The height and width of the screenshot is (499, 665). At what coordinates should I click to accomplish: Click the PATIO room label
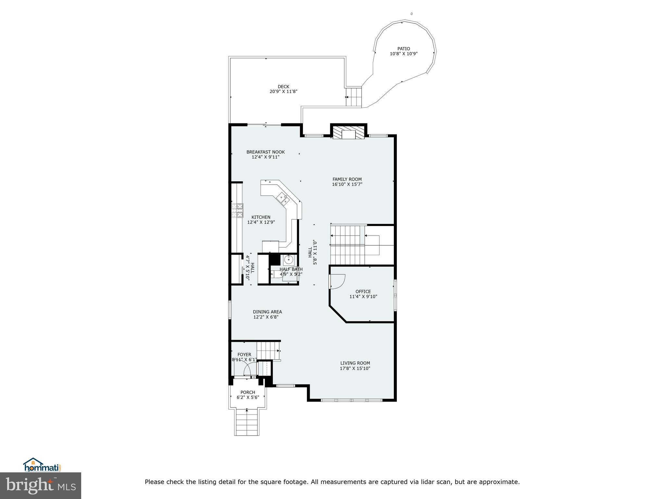pos(404,49)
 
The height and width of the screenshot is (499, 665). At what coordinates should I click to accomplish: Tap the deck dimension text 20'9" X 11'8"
pos(283,92)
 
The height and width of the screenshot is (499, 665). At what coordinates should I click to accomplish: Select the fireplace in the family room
pos(349,134)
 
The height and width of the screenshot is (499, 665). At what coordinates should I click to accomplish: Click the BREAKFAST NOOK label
pos(265,152)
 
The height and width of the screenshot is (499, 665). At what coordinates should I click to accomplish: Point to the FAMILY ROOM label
pos(347,179)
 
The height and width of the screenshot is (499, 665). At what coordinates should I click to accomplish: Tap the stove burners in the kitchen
pos(237,210)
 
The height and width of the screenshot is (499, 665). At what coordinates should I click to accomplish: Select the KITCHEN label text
pos(261,217)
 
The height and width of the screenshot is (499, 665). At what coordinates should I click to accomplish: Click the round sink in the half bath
pos(288,260)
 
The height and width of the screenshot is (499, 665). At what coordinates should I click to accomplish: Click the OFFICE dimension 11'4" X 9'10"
pos(363,297)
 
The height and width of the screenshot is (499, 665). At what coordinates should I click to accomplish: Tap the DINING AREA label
pos(267,312)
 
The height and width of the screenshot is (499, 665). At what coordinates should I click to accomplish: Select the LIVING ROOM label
pos(355,363)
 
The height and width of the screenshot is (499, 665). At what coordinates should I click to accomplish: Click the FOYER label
pos(244,355)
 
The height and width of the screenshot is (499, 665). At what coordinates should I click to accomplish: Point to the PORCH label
pos(248,392)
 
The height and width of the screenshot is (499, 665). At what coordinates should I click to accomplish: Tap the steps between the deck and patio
pos(353,97)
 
